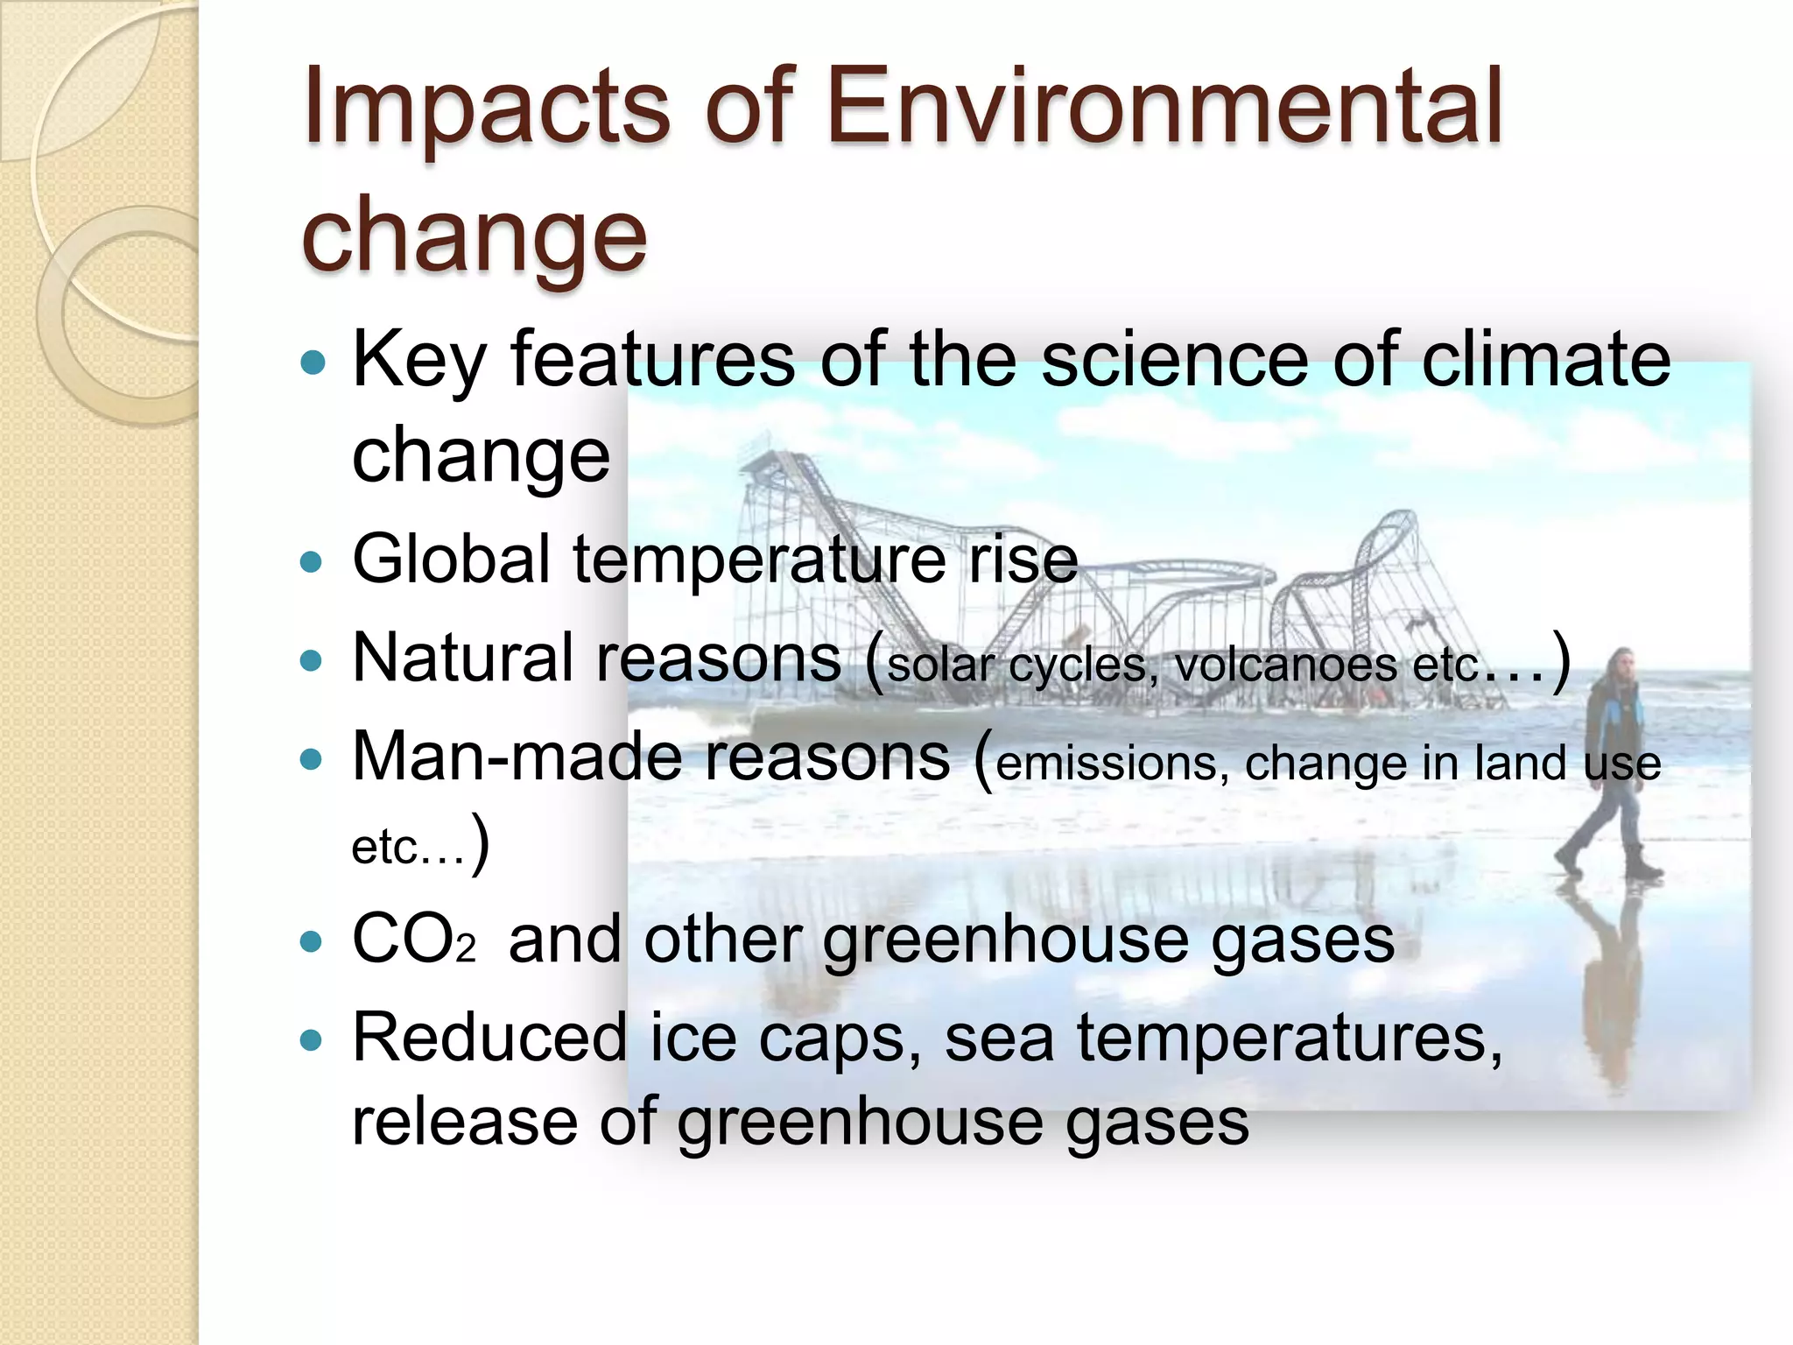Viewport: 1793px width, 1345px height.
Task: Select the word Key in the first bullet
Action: (418, 361)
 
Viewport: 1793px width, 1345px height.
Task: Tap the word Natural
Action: (464, 658)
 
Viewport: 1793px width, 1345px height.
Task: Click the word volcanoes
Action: (1286, 665)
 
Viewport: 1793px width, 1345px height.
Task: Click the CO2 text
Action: (412, 940)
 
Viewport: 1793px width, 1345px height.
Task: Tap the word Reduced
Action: (489, 1039)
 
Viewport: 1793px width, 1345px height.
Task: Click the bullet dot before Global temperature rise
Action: (311, 561)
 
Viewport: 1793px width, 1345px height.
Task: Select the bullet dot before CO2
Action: (311, 942)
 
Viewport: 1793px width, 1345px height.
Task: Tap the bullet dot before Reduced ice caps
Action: (311, 1041)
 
